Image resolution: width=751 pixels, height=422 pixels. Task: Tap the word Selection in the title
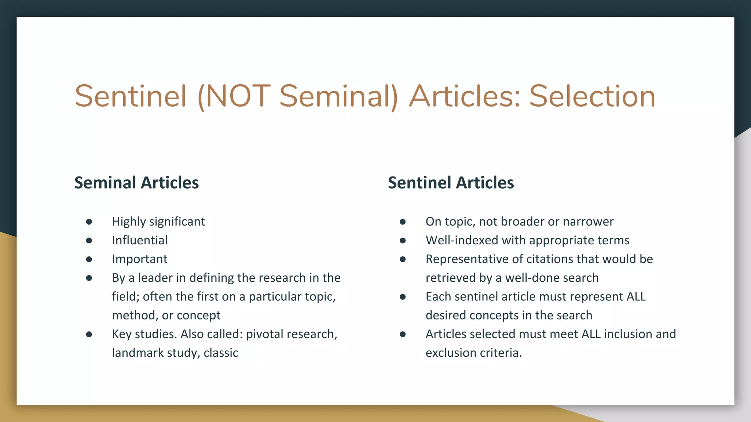click(592, 96)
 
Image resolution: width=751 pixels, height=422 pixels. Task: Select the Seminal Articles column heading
click(136, 182)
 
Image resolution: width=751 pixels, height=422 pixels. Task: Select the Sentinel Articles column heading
click(451, 182)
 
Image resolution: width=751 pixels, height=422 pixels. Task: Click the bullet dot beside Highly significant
click(89, 222)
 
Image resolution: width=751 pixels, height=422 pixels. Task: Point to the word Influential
click(140, 240)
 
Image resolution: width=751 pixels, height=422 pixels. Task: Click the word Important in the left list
click(140, 259)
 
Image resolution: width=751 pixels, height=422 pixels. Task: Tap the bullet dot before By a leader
click(89, 278)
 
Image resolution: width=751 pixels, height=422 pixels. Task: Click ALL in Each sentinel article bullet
click(636, 296)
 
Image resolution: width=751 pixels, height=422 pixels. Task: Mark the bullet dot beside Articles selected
click(403, 334)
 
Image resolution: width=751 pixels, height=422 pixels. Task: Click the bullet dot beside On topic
click(403, 222)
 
